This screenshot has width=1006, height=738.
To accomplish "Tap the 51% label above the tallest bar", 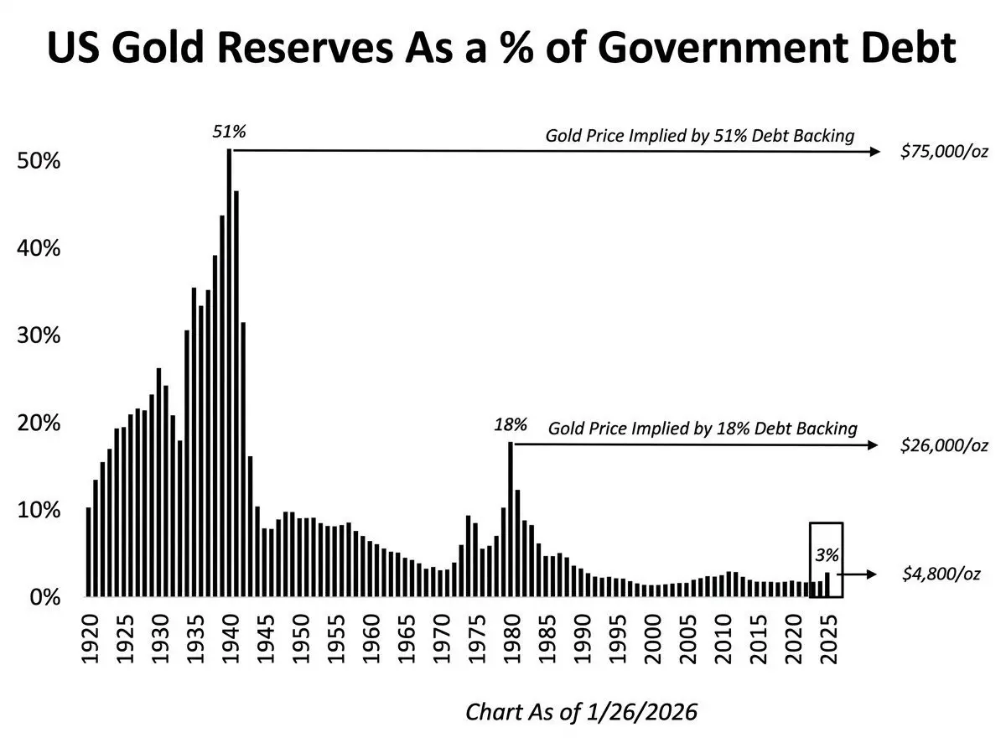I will point(229,132).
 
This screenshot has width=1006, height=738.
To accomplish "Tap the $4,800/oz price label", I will point(941,574).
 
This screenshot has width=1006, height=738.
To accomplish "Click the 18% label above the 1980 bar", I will point(510,425).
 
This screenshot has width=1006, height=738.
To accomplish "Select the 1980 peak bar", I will point(510,520).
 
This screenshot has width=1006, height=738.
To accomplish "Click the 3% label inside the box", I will point(827,554).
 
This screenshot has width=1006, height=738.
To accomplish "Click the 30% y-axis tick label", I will point(39,335).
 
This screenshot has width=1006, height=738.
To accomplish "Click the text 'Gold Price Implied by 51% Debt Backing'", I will point(700,135).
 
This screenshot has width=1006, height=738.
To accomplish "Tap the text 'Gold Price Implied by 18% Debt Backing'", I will point(703,429).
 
